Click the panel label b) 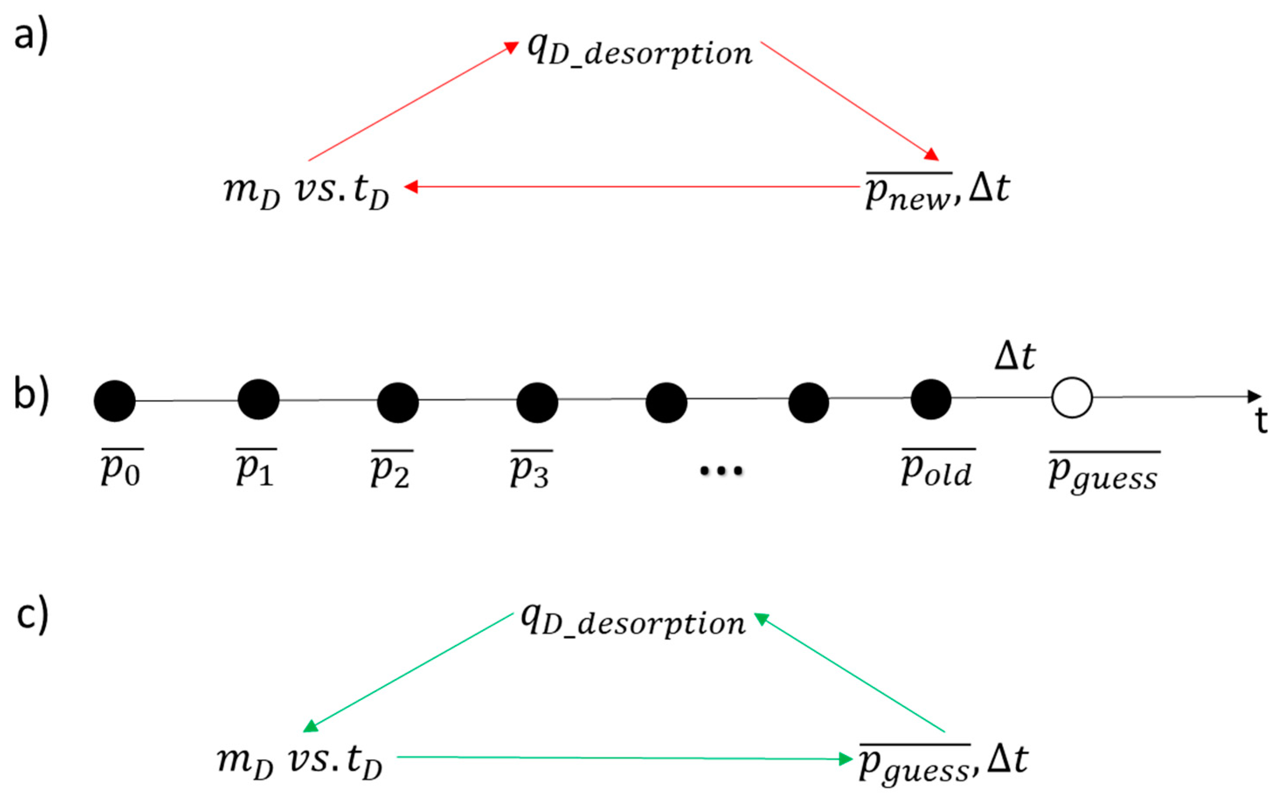pos(31,394)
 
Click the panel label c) pos(32,614)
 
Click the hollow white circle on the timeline pos(1072,398)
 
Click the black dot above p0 pos(115,401)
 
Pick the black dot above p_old pos(930,400)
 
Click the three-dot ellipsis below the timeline pos(721,471)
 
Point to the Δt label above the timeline pos(1014,356)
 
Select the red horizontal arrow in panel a pos(632,187)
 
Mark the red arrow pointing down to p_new pos(850,101)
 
